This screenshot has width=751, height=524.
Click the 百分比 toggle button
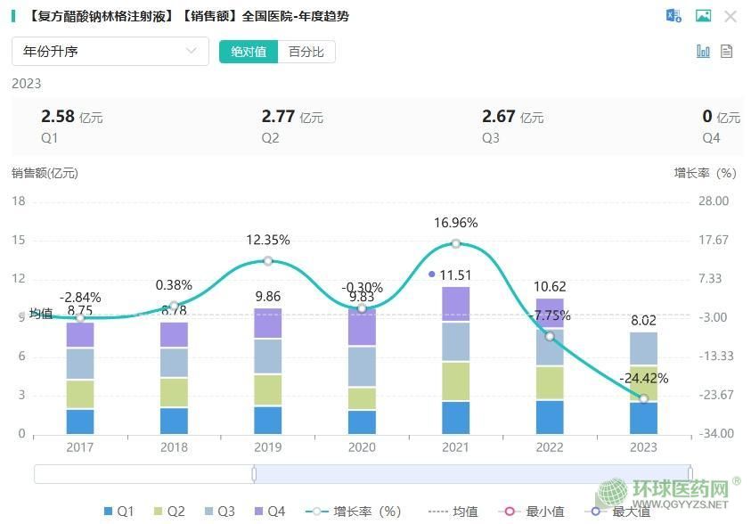(306, 52)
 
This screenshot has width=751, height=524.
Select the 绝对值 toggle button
(249, 52)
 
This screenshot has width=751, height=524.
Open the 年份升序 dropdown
(110, 52)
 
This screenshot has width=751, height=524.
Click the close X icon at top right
(731, 16)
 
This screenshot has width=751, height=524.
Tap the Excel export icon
(673, 16)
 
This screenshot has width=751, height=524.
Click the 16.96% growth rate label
(455, 223)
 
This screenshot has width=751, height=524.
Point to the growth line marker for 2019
(267, 261)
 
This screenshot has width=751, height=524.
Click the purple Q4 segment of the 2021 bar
(455, 304)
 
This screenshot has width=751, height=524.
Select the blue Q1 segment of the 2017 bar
(80, 422)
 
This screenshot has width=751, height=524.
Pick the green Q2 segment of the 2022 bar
(550, 382)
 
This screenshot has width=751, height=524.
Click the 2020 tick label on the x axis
(362, 447)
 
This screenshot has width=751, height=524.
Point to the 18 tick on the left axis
(19, 201)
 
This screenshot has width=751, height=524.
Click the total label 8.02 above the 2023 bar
(643, 321)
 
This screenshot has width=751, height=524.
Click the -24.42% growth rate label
(643, 378)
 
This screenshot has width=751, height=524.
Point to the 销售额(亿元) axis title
(45, 173)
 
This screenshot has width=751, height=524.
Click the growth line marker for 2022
(550, 336)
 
